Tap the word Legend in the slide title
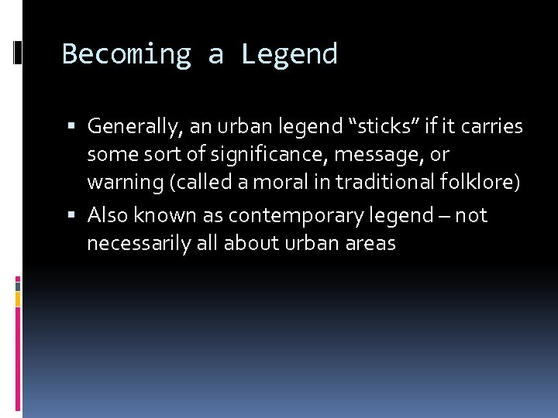click(x=289, y=55)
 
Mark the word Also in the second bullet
click(x=106, y=214)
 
